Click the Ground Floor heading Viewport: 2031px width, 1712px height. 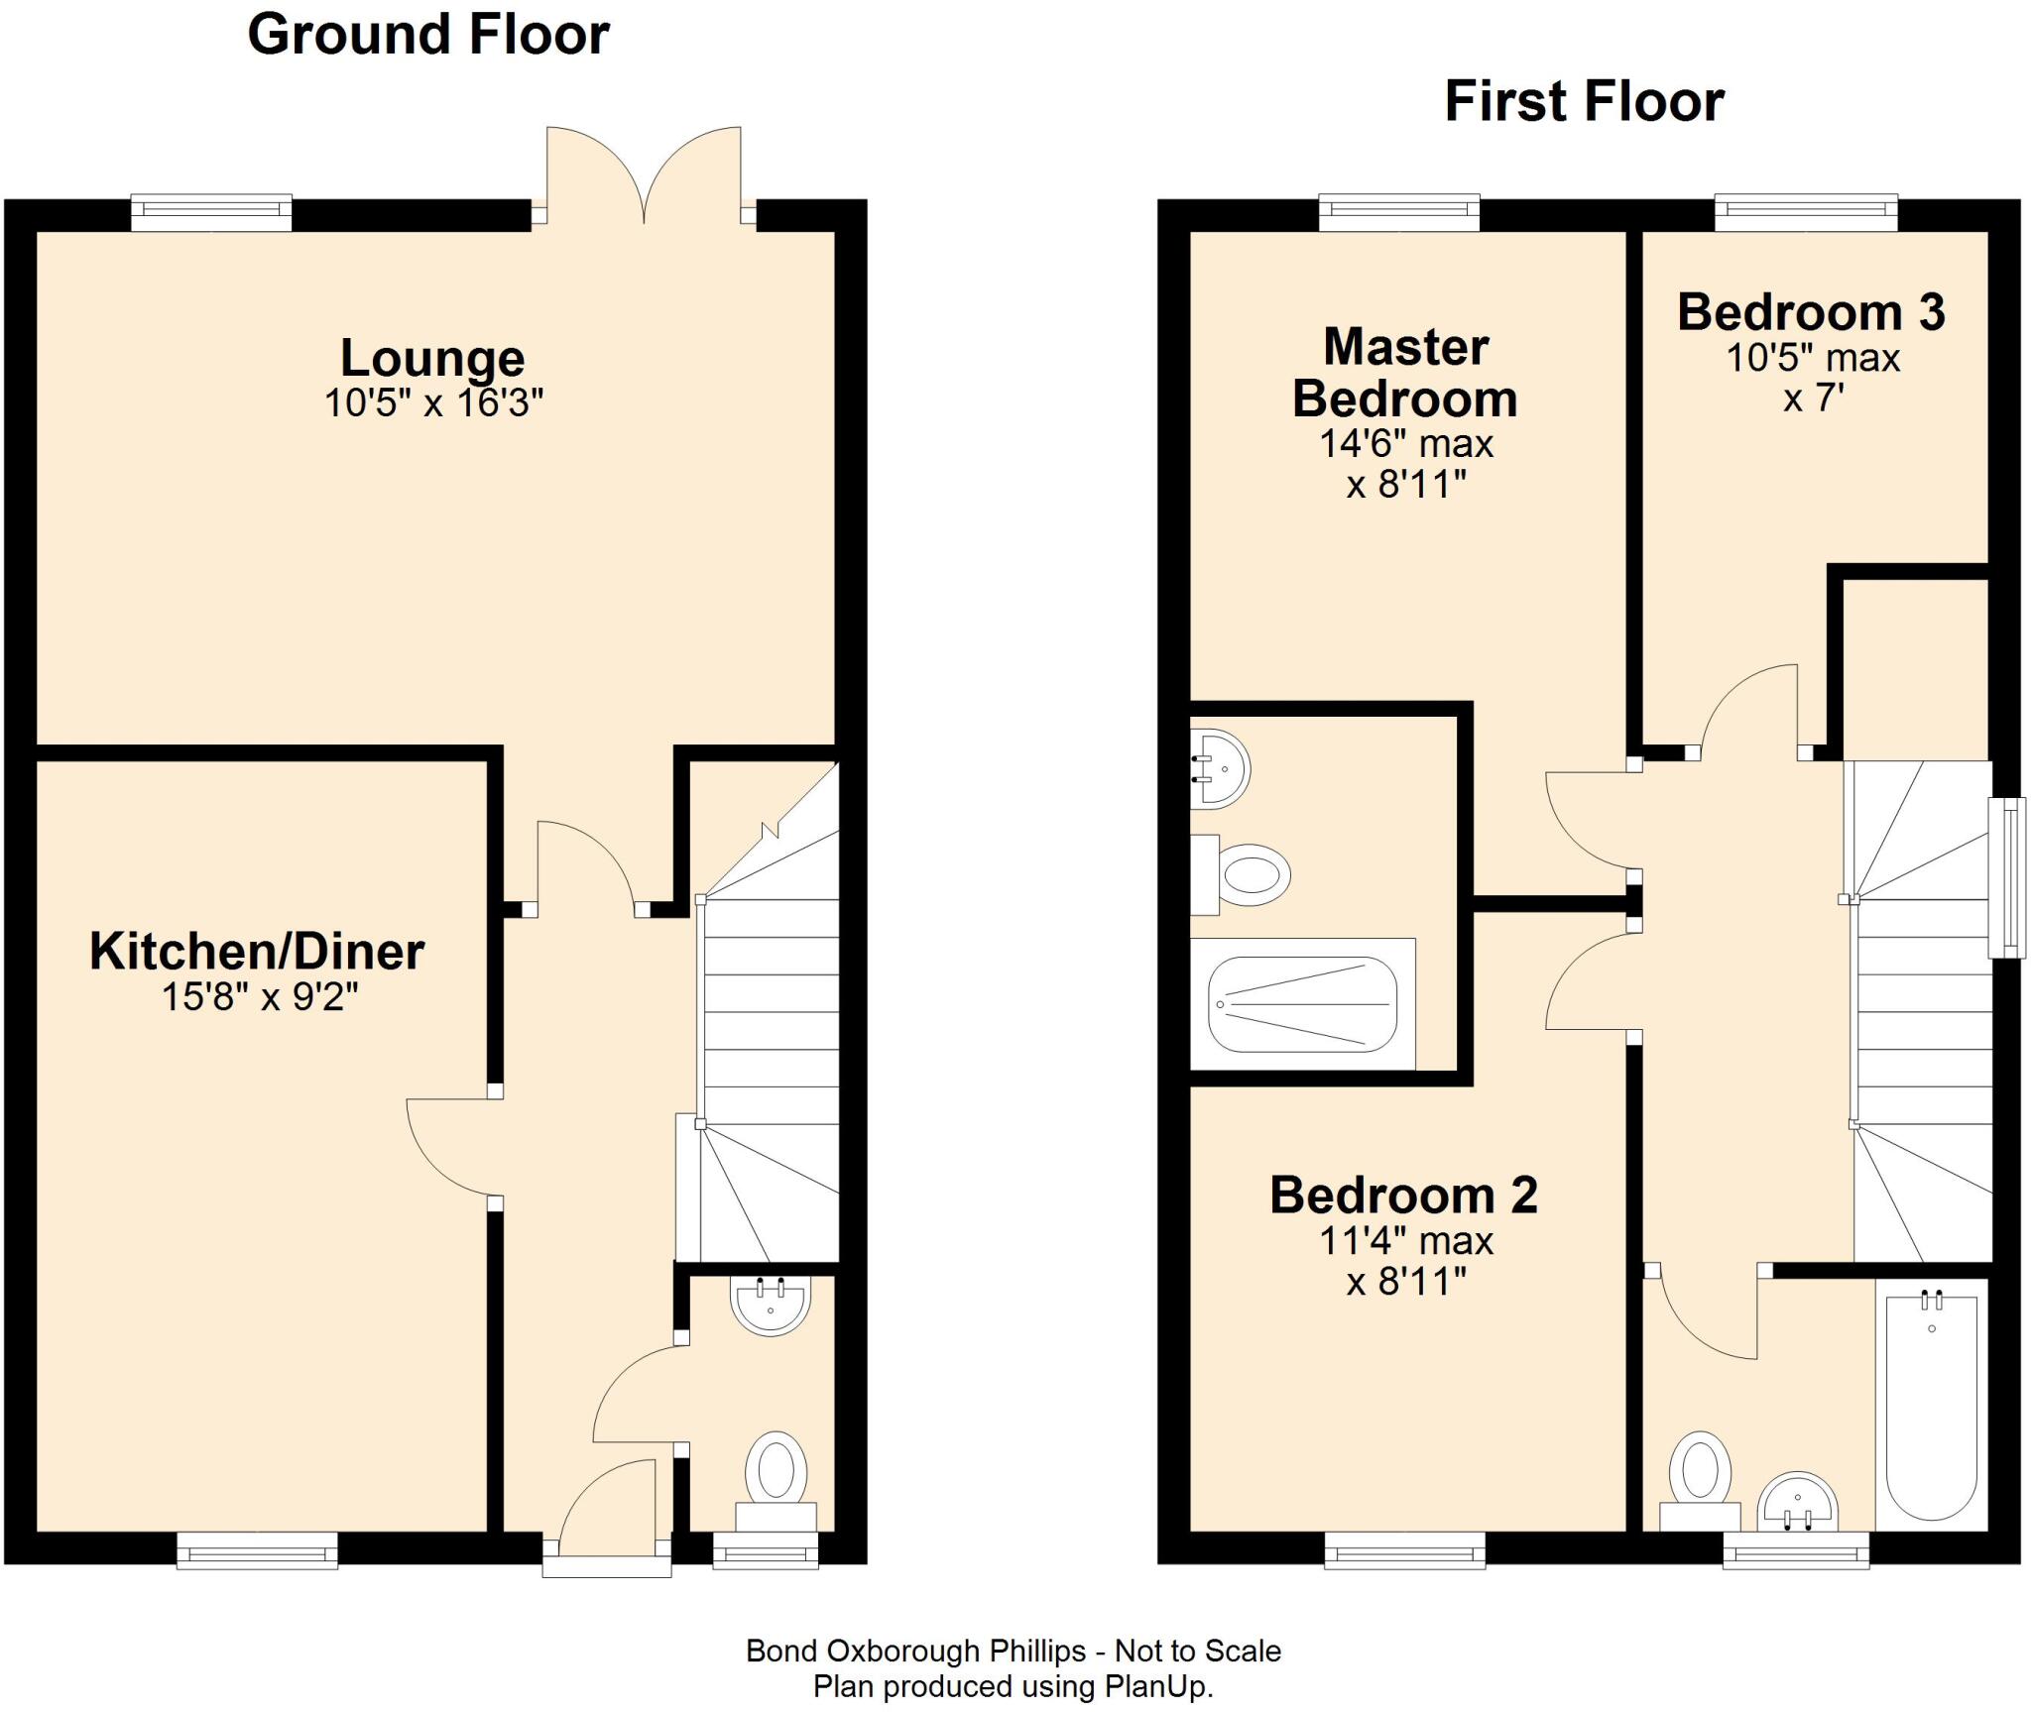(x=428, y=36)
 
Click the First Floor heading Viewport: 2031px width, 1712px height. (x=1584, y=102)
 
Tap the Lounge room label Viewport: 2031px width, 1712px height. (x=432, y=359)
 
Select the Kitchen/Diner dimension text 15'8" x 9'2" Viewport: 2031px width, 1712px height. (x=260, y=996)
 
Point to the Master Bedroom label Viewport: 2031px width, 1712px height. (x=1405, y=373)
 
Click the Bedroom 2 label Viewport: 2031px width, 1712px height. (x=1403, y=1195)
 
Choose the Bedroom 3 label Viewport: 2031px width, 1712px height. (x=1811, y=312)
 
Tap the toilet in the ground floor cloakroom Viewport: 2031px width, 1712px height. (x=776, y=1481)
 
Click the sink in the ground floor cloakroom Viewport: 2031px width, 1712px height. (x=771, y=1305)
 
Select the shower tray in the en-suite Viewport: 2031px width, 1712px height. (x=1302, y=1004)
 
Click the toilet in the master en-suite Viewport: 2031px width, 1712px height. (x=1241, y=874)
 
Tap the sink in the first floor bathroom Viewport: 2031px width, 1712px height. (x=1797, y=1504)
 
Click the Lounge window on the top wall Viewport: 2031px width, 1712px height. (x=211, y=213)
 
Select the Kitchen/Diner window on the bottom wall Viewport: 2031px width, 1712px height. (x=257, y=1549)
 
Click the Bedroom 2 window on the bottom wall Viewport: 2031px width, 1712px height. (x=1405, y=1549)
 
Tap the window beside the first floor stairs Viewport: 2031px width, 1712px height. (x=2006, y=878)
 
